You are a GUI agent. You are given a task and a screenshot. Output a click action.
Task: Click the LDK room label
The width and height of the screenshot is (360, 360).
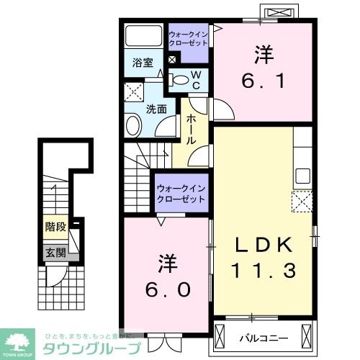click(x=262, y=246)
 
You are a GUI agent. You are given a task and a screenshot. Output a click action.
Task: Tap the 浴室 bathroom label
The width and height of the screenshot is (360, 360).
click(x=142, y=63)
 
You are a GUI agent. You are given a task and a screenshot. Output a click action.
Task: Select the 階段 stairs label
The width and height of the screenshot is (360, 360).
click(x=55, y=228)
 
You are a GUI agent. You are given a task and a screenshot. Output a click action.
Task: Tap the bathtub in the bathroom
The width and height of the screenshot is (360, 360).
click(x=143, y=37)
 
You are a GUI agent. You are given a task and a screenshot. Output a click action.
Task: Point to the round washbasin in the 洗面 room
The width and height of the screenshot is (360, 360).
click(x=134, y=127)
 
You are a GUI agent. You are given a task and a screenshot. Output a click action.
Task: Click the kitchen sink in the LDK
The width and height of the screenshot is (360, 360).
click(x=302, y=176)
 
